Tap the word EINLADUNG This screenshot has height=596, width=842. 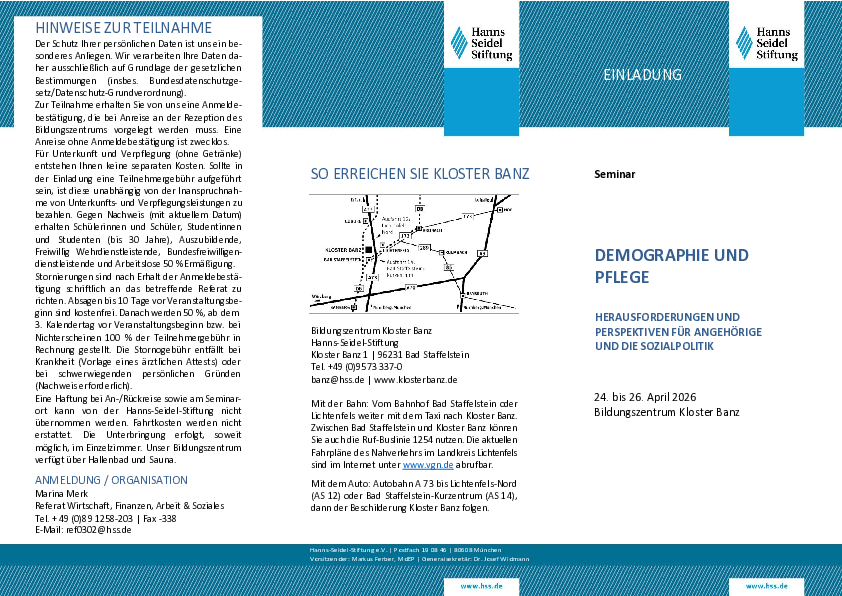(x=642, y=75)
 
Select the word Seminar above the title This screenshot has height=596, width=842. (x=614, y=174)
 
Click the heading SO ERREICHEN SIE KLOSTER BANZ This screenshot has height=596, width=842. (x=420, y=172)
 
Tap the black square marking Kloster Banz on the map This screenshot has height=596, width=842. (x=367, y=248)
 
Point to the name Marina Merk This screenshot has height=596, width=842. (x=62, y=493)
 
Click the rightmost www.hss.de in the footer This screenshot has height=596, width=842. (x=767, y=585)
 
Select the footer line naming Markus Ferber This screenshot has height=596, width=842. (x=420, y=558)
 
